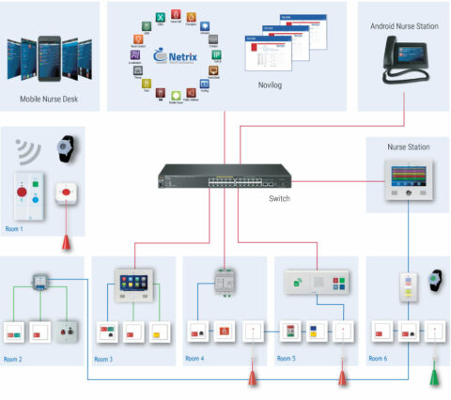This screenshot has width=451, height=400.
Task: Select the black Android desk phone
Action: (x=403, y=65)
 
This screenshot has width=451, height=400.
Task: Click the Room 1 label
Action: (x=16, y=228)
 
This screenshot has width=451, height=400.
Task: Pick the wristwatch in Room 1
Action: (x=65, y=149)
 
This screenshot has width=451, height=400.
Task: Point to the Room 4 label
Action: (x=194, y=359)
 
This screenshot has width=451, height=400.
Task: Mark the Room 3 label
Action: (x=105, y=359)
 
